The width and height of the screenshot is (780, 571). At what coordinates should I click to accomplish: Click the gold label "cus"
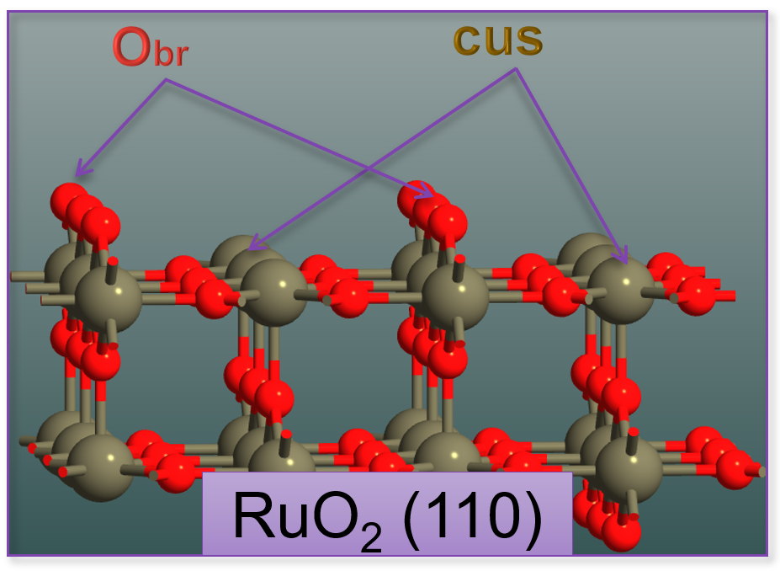pos(498,39)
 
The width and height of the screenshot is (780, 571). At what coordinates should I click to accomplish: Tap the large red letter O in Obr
pos(134,49)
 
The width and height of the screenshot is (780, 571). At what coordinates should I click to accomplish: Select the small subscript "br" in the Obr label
pos(172,56)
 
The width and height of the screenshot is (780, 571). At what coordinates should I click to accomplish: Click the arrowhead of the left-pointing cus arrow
pos(253,248)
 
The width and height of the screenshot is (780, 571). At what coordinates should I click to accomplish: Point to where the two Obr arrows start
pos(167,81)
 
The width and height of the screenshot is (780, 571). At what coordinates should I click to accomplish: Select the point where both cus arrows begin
pos(515,69)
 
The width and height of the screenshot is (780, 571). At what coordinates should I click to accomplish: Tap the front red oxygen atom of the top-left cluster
pos(102,226)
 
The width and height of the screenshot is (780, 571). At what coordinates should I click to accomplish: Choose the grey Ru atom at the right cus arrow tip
pos(620,288)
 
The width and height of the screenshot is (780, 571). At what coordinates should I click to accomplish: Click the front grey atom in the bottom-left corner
pos(100,467)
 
